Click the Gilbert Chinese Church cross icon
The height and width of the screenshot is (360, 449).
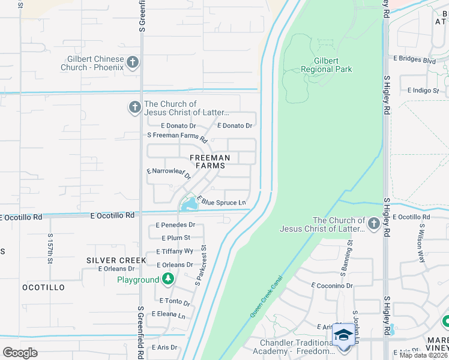(133, 62)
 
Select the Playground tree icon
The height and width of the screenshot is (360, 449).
(169, 279)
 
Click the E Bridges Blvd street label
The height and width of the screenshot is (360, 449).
(414, 60)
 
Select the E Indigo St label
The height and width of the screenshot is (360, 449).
(423, 91)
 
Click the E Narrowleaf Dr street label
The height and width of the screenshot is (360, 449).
(169, 173)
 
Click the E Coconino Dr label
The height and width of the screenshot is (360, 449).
(332, 286)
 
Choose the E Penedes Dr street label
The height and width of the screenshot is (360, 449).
(175, 225)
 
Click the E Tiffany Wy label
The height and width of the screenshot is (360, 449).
(175, 251)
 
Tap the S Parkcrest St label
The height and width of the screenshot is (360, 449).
(200, 264)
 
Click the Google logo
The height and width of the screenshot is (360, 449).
(20, 352)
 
